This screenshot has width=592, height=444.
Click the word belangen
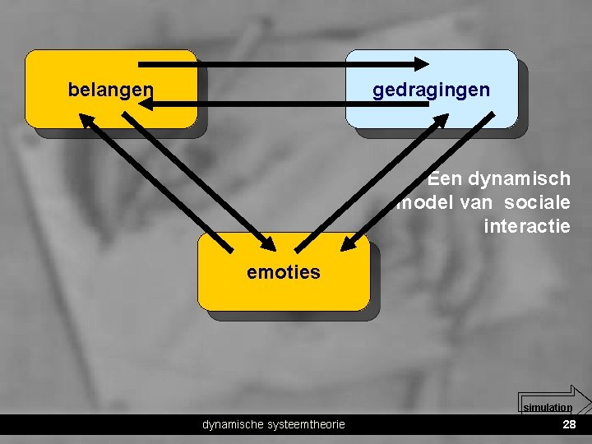[x=110, y=89]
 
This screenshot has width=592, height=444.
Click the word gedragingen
[x=431, y=89]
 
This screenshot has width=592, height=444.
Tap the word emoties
[x=284, y=272]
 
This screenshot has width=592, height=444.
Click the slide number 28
[x=568, y=424]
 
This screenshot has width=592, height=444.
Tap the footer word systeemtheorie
[x=305, y=424]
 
